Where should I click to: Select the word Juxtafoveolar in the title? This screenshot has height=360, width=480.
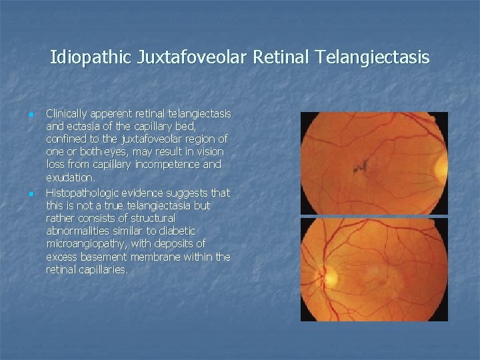click(194, 58)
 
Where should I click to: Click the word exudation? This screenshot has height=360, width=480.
click(71, 178)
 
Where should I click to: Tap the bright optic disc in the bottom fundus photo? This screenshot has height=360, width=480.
click(331, 274)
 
